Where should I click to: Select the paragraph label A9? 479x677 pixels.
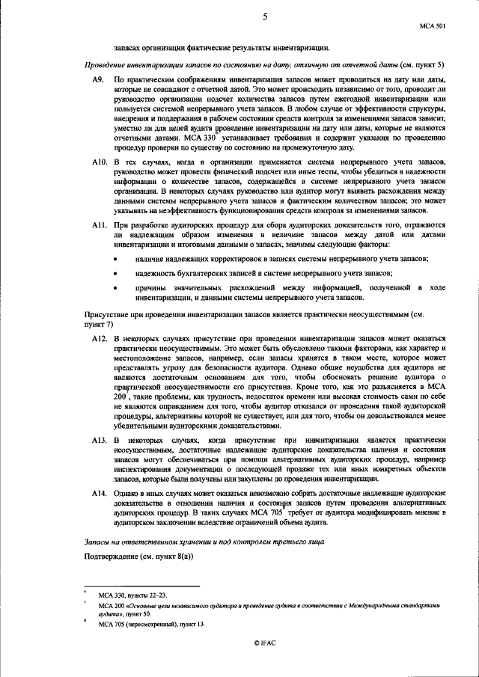click(97, 79)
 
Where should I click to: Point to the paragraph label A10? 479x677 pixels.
click(99, 162)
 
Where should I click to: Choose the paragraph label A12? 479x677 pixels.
click(99, 340)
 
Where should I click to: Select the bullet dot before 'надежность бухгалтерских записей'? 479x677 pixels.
click(115, 274)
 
